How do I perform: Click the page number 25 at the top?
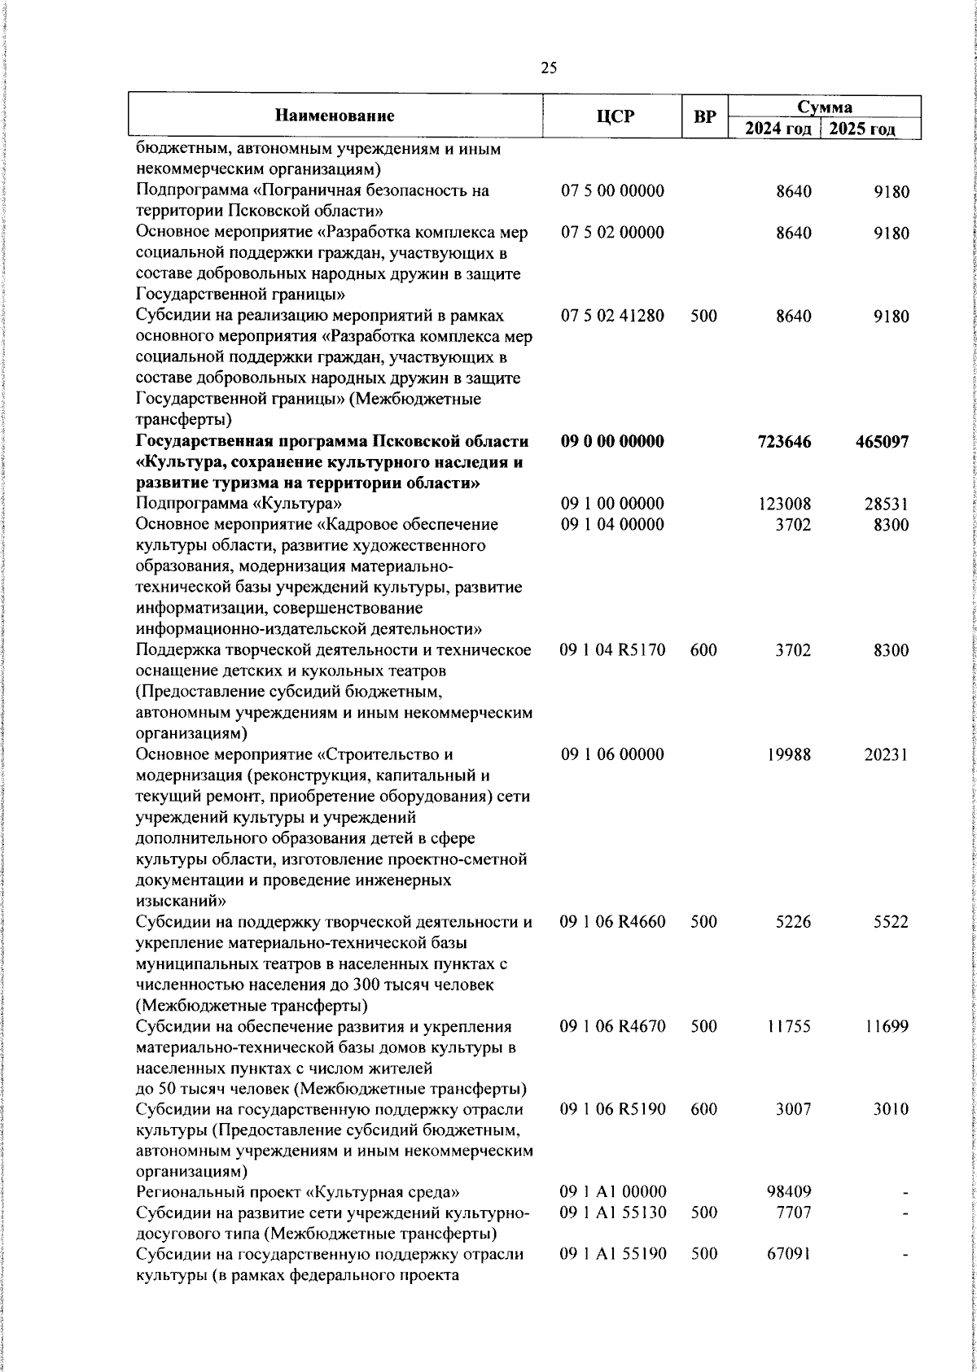[x=549, y=68]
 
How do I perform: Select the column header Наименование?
[x=335, y=116]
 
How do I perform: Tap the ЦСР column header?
[x=613, y=116]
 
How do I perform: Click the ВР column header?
[x=704, y=116]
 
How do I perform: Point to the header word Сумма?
[x=824, y=107]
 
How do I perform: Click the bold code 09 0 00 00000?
[x=612, y=441]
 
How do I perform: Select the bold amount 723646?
[x=784, y=442]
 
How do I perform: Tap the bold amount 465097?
[x=882, y=442]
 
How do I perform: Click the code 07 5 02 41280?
[x=612, y=316]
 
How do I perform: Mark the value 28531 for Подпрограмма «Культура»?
[x=887, y=505]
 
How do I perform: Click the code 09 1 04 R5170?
[x=612, y=650]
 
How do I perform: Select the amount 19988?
[x=789, y=754]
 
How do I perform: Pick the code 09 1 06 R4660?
[x=612, y=922]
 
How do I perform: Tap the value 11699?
[x=887, y=1027]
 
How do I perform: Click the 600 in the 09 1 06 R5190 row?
[x=703, y=1109]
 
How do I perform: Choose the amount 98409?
[x=788, y=1192]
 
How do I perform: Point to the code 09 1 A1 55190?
[x=613, y=1254]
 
